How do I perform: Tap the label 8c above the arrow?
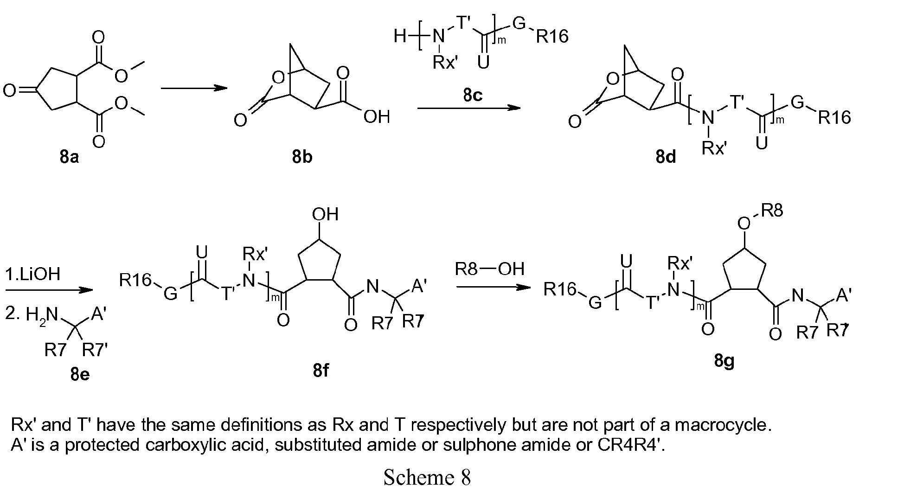pyautogui.click(x=473, y=95)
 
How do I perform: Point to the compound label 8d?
pyautogui.click(x=666, y=158)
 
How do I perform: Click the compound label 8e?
pyautogui.click(x=80, y=374)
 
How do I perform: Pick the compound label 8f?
pyautogui.click(x=321, y=371)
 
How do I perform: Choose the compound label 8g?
pyautogui.click(x=724, y=360)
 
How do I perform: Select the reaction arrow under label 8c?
pyautogui.click(x=468, y=108)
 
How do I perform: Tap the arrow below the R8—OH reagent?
pyautogui.click(x=493, y=288)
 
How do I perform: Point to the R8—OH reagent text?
pyautogui.click(x=489, y=269)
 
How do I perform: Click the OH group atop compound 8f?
pyautogui.click(x=325, y=214)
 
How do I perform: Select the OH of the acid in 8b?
pyautogui.click(x=377, y=117)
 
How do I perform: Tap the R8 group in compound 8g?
pyautogui.click(x=772, y=211)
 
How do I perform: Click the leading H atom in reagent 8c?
pyautogui.click(x=400, y=36)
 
